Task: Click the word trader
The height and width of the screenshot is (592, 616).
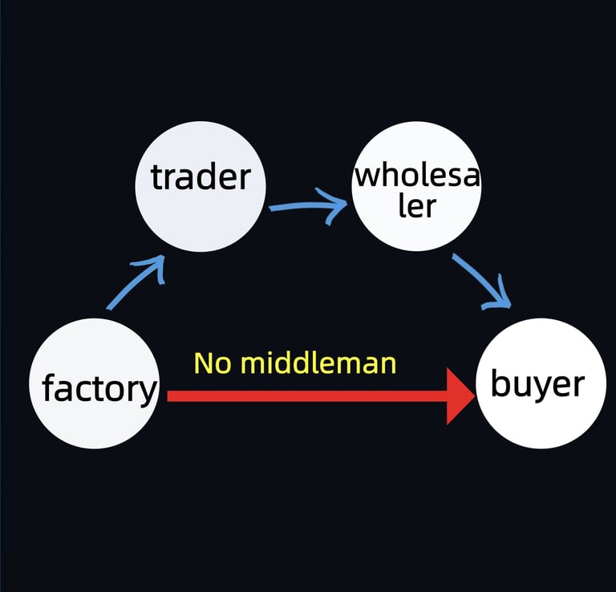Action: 201,177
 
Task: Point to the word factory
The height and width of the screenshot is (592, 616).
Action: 99,389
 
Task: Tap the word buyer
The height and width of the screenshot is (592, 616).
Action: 537,384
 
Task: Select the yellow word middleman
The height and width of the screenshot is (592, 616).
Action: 318,363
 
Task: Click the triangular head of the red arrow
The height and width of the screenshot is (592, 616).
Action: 460,396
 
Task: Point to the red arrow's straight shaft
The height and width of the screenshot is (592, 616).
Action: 305,396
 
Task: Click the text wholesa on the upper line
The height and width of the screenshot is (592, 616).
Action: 416,174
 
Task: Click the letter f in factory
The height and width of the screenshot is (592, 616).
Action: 49,388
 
